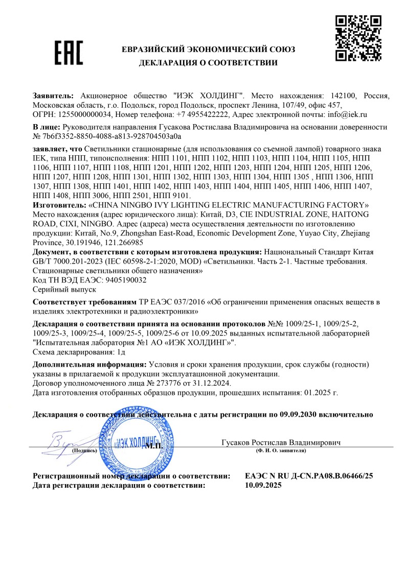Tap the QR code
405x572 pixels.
click(358, 38)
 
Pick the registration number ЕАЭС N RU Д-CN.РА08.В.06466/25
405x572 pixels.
click(309, 476)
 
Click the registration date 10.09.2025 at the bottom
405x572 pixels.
click(263, 486)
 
